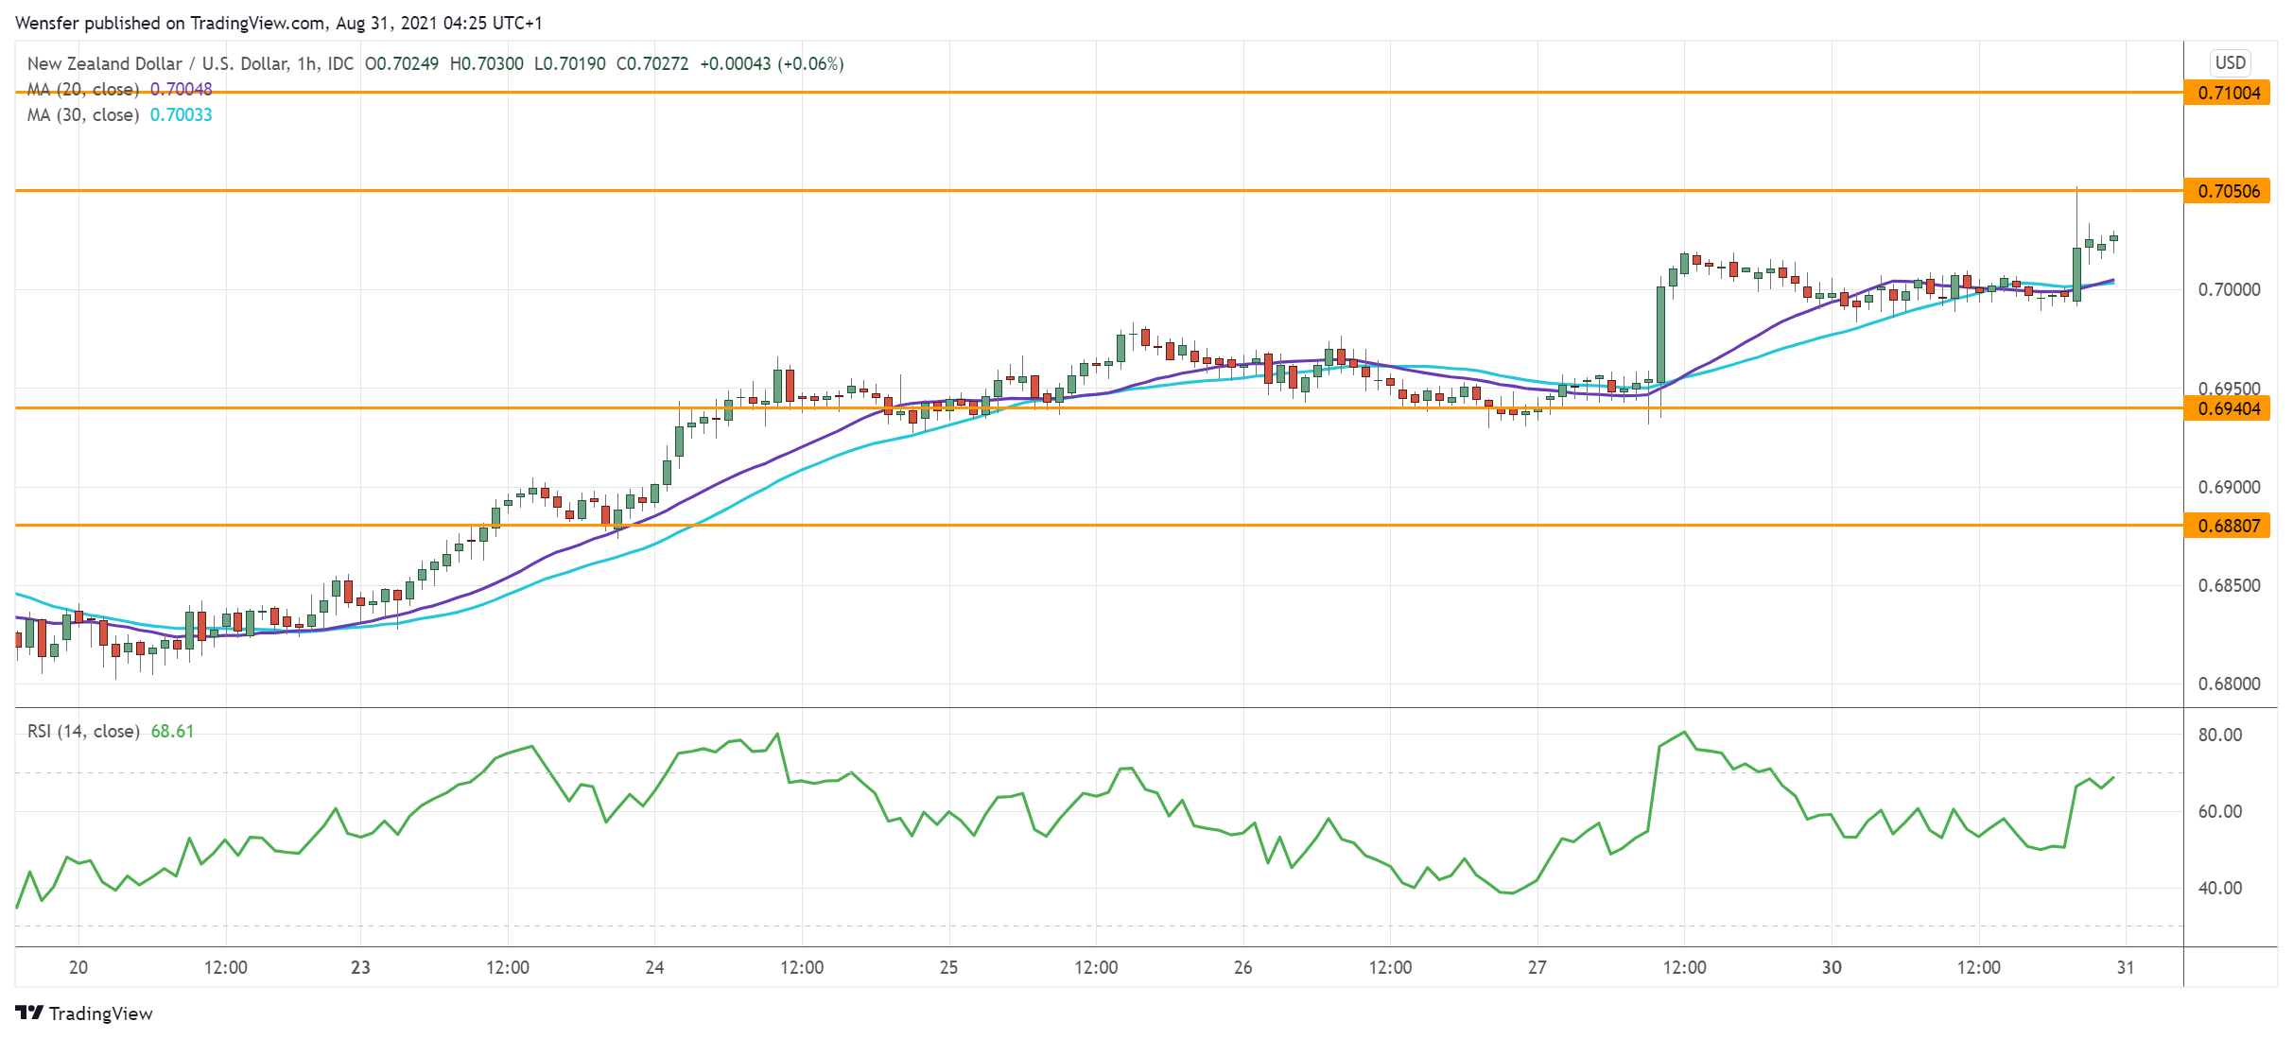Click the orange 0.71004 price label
tap(2228, 93)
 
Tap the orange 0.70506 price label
tap(2228, 191)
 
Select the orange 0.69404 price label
tap(2228, 408)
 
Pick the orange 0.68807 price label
tap(2228, 526)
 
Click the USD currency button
tap(2230, 62)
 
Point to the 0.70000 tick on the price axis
tap(2229, 289)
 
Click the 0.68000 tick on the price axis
tap(2229, 684)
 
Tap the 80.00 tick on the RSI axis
tap(2219, 735)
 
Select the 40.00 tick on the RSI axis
tap(2219, 888)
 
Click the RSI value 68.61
tap(172, 731)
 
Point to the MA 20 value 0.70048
tap(182, 89)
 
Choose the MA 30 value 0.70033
tap(182, 114)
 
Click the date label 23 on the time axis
tap(360, 967)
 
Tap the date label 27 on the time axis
tap(1537, 967)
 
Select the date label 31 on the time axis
tap(2126, 967)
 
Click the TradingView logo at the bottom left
tap(84, 1013)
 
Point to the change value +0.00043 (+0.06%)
tap(772, 63)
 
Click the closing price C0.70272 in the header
tap(652, 63)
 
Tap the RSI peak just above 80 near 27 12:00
tap(1684, 732)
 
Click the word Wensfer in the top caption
tap(46, 23)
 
